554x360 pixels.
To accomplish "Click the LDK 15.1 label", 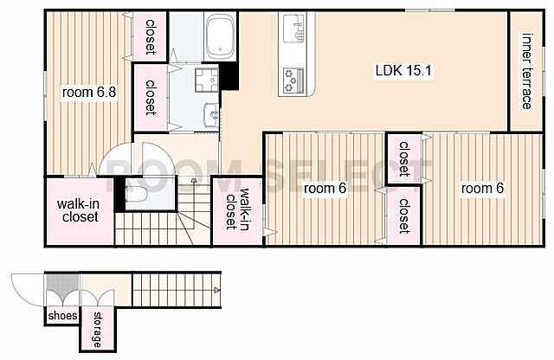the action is [x=403, y=71].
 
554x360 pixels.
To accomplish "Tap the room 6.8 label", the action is [x=89, y=93].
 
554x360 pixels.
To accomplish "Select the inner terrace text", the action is [x=527, y=71].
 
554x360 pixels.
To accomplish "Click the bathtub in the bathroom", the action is [x=221, y=36].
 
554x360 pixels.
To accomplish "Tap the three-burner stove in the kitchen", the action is [x=293, y=80].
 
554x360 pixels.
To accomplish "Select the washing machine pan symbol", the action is [x=207, y=80].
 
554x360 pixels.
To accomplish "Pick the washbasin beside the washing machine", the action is [x=212, y=114].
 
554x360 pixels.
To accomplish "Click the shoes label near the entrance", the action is [x=62, y=316].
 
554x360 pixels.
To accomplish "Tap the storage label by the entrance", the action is [x=97, y=330].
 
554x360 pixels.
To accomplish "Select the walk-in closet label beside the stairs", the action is [x=237, y=208].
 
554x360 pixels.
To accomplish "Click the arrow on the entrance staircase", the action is [x=216, y=290].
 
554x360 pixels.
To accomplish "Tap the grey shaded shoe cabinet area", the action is [x=62, y=285].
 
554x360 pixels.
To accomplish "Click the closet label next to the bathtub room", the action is [x=151, y=36].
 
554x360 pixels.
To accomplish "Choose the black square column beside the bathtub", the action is [x=229, y=75].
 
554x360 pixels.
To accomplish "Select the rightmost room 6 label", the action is [x=482, y=189].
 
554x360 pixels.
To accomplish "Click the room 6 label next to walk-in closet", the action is [x=325, y=189].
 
